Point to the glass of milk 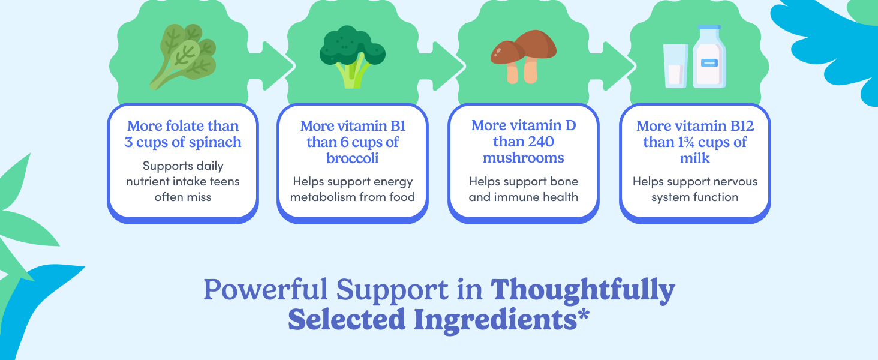(675, 66)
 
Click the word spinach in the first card (214, 142)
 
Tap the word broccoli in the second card (352, 158)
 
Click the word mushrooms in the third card (523, 158)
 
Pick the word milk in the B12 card (694, 158)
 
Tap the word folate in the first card (178, 126)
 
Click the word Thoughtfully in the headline (583, 290)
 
